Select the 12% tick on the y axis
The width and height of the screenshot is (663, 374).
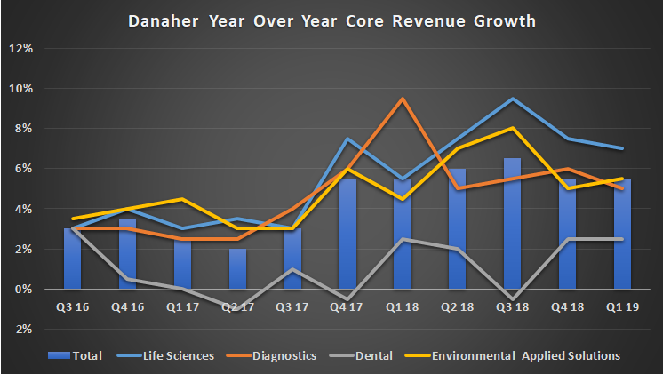click(20, 48)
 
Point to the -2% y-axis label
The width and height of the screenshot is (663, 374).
click(20, 329)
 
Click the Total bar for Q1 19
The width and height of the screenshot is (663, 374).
click(621, 235)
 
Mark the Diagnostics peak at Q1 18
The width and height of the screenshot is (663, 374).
click(403, 99)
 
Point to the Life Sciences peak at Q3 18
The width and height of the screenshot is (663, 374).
click(512, 99)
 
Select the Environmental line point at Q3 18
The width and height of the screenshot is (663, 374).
click(512, 128)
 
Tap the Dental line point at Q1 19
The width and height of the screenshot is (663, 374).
click(621, 239)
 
